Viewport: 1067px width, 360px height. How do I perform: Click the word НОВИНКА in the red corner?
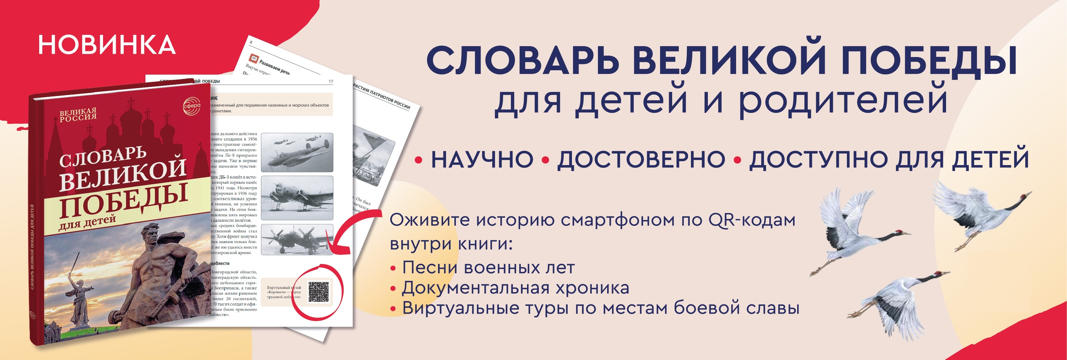pyautogui.click(x=107, y=45)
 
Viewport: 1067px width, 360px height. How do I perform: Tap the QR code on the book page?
pyautogui.click(x=319, y=292)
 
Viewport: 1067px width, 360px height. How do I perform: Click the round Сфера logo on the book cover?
pyautogui.click(x=192, y=106)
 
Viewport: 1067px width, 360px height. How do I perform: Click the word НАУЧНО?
pyautogui.click(x=482, y=160)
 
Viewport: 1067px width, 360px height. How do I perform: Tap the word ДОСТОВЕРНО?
pyautogui.click(x=641, y=160)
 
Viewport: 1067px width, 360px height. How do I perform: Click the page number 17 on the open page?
pyautogui.click(x=331, y=81)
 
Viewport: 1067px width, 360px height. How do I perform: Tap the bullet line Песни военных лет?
pyautogui.click(x=488, y=268)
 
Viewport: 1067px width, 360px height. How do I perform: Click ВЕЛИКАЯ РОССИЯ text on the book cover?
pyautogui.click(x=78, y=115)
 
